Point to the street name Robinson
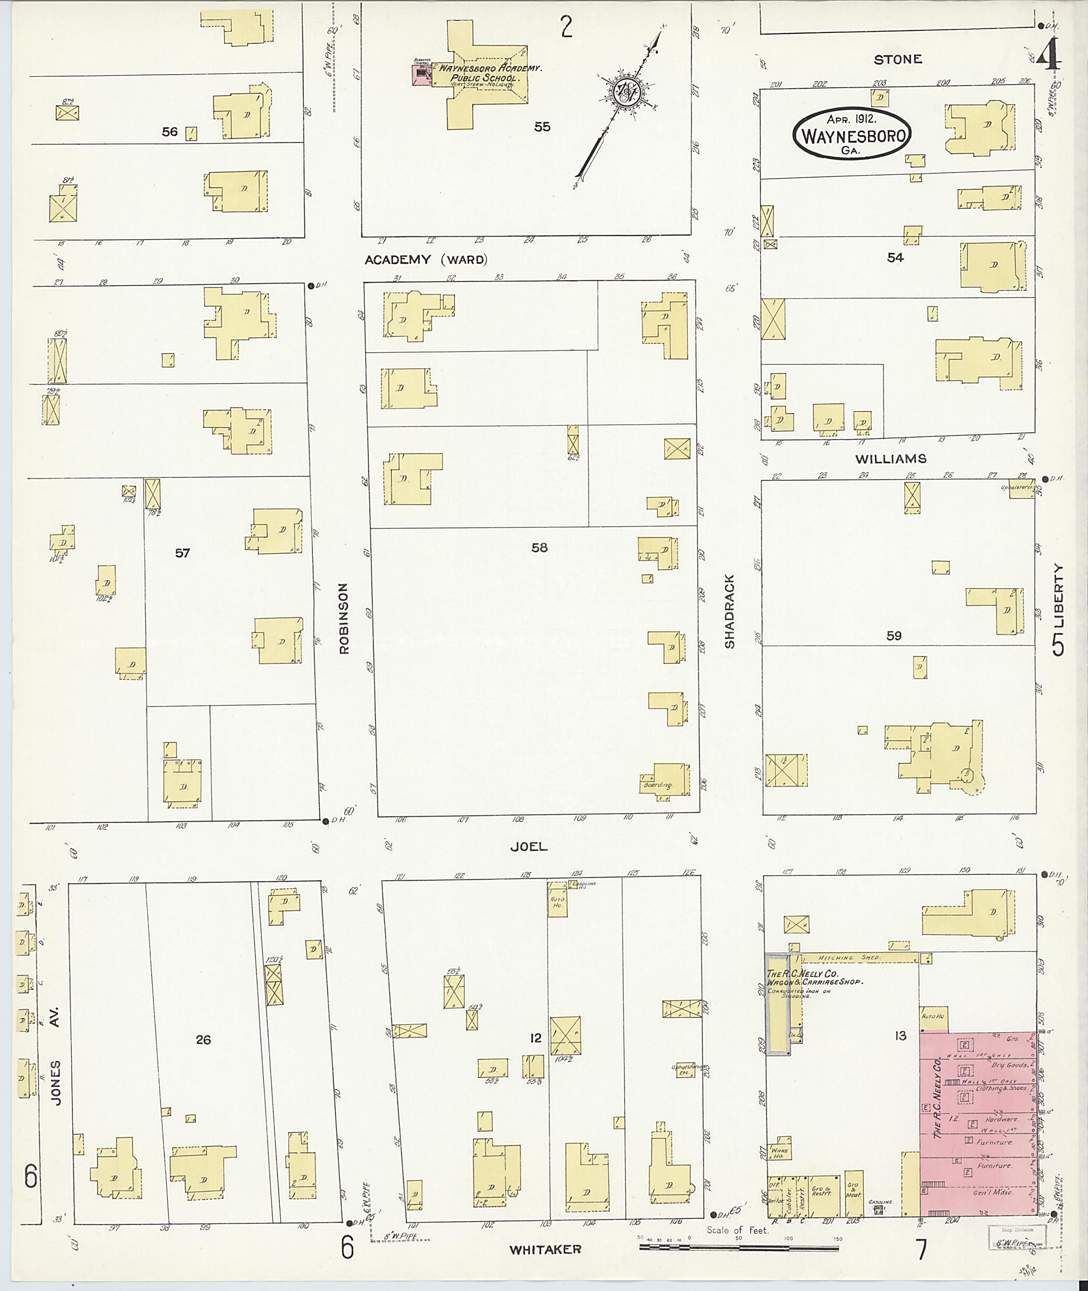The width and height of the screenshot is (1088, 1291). pos(344,618)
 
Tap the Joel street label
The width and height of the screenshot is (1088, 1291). pos(529,847)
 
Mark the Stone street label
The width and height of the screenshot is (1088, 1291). pos(897,59)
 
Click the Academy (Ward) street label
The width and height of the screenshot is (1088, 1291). pos(426,260)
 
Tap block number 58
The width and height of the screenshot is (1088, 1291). pos(539,547)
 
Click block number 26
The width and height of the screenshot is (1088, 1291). pos(203,1040)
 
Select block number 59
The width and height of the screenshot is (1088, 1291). pos(893,636)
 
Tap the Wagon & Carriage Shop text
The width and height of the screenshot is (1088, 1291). pos(814,981)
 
